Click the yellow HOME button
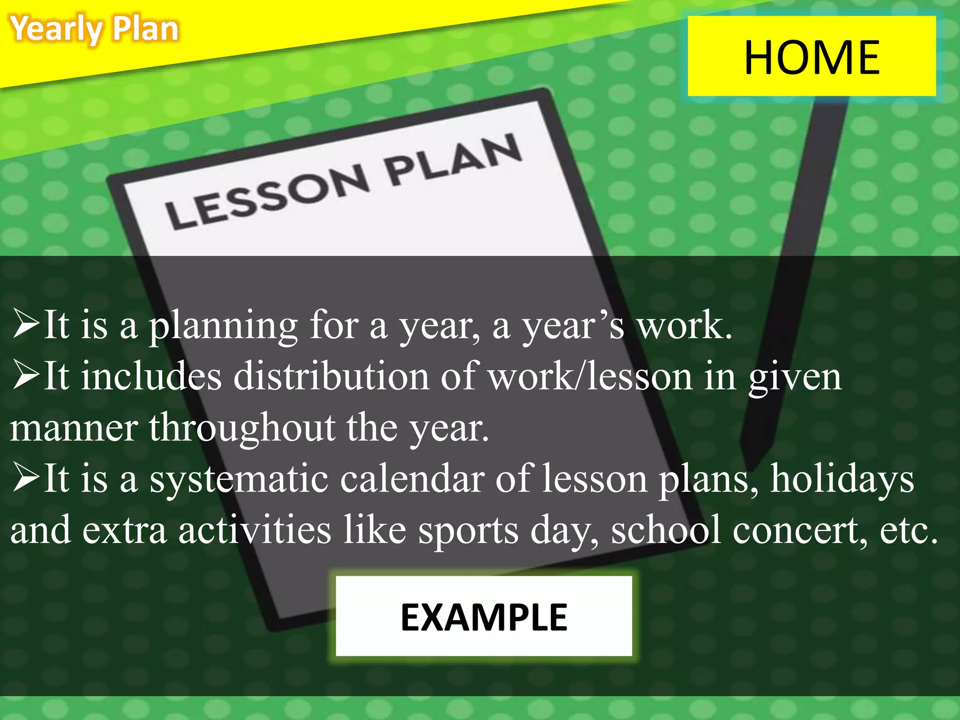point(811,56)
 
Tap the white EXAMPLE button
point(484,616)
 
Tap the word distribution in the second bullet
point(331,377)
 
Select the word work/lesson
point(590,377)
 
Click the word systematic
point(239,479)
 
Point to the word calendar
point(412,479)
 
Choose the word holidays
point(842,479)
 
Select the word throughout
point(242,427)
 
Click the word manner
point(74,428)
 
